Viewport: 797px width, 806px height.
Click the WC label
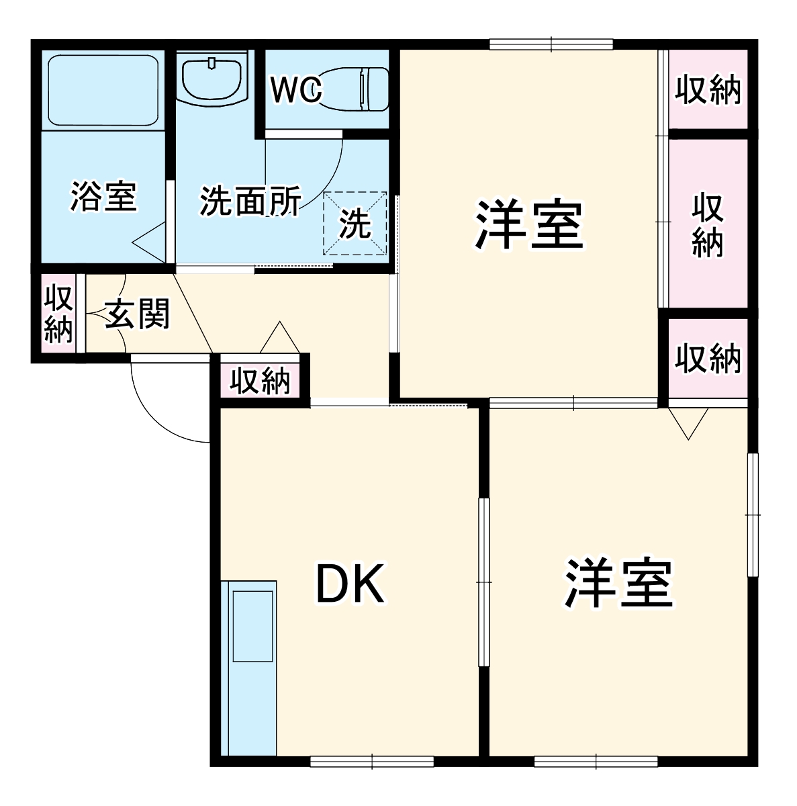pos(297,90)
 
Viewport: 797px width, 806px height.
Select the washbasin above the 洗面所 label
pos(212,79)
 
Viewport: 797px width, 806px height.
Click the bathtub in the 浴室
pos(103,89)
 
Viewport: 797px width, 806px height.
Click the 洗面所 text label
pos(250,201)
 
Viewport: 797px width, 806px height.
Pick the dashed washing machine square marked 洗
pos(355,224)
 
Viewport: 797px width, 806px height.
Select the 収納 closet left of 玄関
pos(58,314)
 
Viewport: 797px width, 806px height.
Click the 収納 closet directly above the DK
pos(260,382)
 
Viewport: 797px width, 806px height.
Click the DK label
pos(350,584)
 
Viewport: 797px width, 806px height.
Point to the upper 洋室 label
pos(528,225)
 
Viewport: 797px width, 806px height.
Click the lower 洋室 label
pos(618,582)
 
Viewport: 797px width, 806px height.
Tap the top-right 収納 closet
pos(708,89)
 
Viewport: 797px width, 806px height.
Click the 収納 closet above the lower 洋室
pos(708,358)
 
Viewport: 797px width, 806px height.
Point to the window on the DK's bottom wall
pos(372,761)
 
